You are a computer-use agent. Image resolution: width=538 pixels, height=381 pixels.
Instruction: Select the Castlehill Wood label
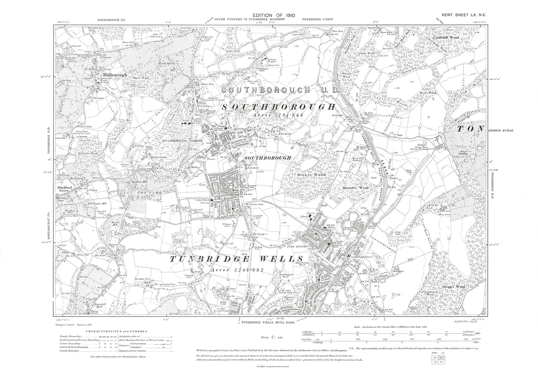click(x=445, y=38)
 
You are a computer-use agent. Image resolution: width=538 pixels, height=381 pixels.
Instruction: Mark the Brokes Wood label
click(x=312, y=174)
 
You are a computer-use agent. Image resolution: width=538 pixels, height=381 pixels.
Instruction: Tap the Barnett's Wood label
click(x=355, y=188)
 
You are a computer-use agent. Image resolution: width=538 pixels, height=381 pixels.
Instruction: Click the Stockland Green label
click(x=64, y=188)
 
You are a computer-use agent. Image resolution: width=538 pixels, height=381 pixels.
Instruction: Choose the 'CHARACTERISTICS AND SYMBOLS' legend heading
click(x=117, y=331)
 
